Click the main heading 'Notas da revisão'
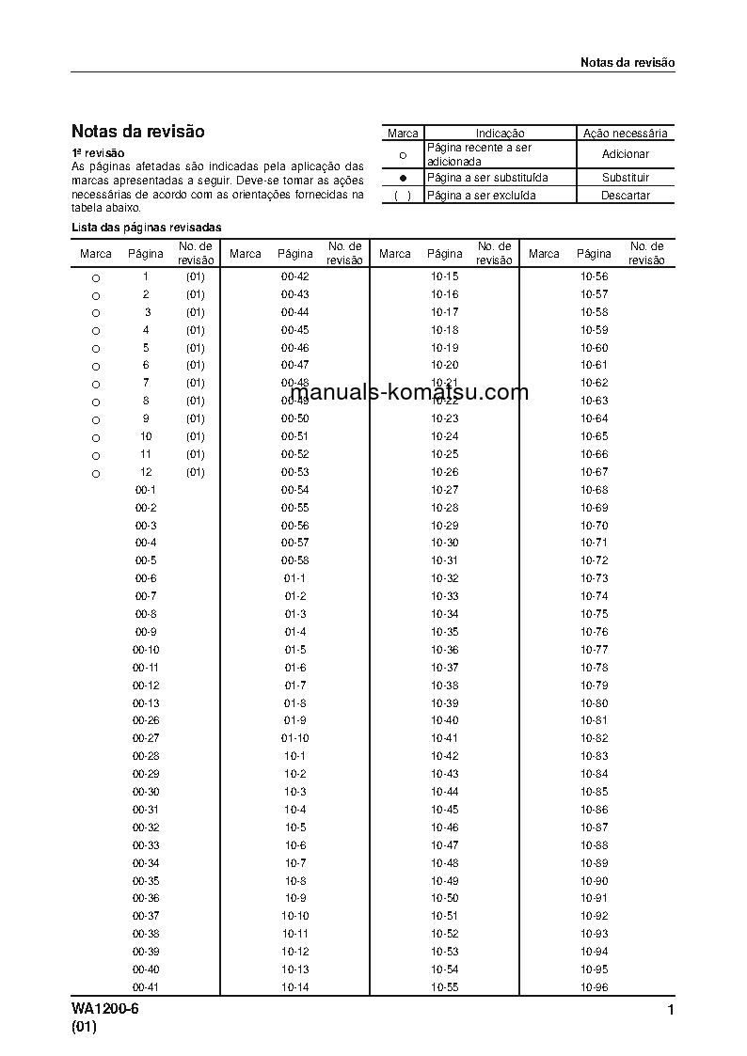[x=137, y=132]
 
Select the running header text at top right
[x=627, y=62]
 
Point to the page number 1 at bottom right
[x=670, y=1011]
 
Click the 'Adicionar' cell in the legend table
[x=626, y=154]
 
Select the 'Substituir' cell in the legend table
[x=626, y=178]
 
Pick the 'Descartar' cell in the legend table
[x=626, y=196]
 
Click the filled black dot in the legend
[x=403, y=178]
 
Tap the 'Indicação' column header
[x=500, y=134]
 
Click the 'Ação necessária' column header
[x=626, y=134]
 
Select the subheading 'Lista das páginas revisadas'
[x=147, y=228]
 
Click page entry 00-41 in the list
[x=145, y=987]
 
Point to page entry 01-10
[x=294, y=738]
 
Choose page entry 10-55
[x=445, y=987]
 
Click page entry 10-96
[x=594, y=987]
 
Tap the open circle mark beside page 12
[x=95, y=474]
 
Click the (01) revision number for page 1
[x=195, y=276]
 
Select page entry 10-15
[x=445, y=276]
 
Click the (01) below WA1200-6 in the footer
[x=84, y=1028]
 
